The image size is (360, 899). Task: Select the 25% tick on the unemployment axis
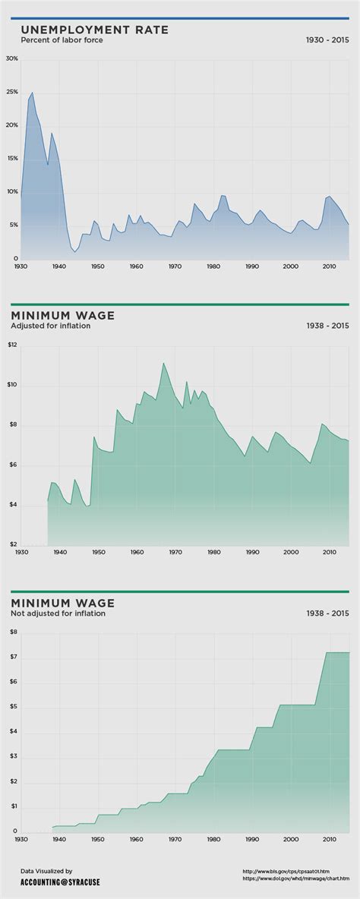point(11,92)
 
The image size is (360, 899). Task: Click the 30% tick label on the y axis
point(11,58)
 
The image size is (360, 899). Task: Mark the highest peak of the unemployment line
point(32,93)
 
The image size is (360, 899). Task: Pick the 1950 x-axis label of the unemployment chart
point(97,267)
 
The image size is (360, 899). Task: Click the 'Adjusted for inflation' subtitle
point(50,326)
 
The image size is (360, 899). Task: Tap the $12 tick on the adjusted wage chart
point(12,345)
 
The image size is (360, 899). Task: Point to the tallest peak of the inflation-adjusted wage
point(163,363)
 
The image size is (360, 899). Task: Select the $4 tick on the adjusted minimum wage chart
point(12,505)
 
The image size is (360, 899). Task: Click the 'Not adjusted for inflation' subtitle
point(58,614)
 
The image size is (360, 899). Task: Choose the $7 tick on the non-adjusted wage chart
point(13,657)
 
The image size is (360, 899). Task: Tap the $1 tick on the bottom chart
point(13,806)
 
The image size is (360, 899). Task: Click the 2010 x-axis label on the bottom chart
point(329,840)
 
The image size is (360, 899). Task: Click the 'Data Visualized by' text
point(46,871)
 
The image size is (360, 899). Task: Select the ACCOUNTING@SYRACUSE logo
point(60,882)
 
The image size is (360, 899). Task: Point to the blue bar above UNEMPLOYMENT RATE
point(180,18)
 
